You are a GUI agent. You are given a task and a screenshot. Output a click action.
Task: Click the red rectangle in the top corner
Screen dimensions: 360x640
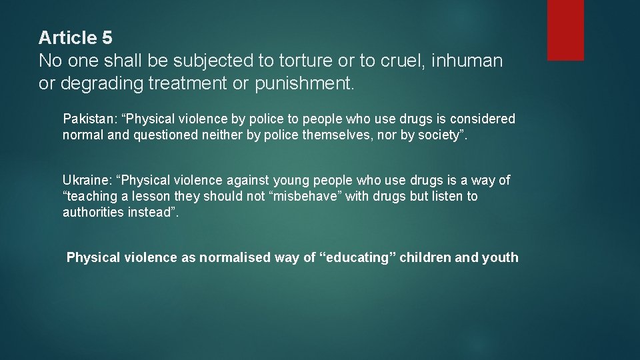[565, 30]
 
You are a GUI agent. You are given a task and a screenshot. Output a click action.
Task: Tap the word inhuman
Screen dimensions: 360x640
[467, 61]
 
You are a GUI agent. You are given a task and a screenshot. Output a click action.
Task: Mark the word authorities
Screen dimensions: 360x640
[93, 213]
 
